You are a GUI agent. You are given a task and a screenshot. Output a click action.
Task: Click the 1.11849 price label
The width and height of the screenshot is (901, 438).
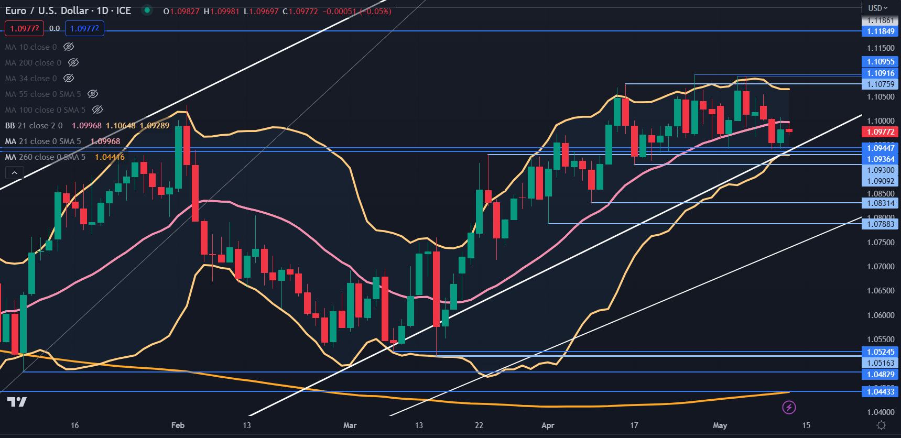tap(880, 31)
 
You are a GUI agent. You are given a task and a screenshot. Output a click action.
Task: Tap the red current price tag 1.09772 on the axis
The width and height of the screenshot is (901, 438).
tap(880, 132)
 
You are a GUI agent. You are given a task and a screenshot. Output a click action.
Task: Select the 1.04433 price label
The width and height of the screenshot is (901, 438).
tap(880, 392)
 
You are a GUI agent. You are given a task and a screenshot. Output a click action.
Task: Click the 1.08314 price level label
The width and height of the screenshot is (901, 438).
tap(880, 203)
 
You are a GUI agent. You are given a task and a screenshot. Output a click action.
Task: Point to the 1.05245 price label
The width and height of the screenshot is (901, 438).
tap(880, 352)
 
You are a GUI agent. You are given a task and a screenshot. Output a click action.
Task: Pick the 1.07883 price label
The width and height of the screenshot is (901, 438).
tap(880, 224)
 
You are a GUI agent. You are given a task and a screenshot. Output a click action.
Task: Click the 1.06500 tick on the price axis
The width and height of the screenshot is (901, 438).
tap(880, 291)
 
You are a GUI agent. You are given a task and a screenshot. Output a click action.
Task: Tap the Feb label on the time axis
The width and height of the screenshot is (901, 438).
tap(178, 425)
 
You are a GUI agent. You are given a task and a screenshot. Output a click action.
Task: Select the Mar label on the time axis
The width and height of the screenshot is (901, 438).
tap(350, 425)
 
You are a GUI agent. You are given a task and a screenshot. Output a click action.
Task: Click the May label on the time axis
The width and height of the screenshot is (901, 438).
tap(720, 425)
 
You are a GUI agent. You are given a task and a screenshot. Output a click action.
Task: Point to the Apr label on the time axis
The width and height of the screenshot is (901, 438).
tap(548, 425)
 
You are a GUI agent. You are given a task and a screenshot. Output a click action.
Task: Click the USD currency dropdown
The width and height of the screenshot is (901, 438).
tap(877, 8)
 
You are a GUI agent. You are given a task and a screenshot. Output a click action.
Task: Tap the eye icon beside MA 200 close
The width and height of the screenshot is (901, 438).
tap(73, 62)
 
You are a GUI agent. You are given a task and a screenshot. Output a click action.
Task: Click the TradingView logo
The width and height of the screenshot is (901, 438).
tap(17, 402)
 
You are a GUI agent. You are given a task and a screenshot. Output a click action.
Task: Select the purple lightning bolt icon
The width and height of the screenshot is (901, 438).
tap(789, 407)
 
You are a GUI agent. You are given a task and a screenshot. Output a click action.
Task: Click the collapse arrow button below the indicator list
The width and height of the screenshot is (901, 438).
tap(14, 173)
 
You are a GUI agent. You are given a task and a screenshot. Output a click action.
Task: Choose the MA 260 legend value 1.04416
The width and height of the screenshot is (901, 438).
tap(110, 157)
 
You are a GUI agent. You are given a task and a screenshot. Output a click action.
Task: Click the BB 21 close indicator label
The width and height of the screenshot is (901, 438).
tap(34, 126)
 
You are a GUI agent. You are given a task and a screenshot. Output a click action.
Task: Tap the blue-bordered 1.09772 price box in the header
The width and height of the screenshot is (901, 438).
tap(84, 28)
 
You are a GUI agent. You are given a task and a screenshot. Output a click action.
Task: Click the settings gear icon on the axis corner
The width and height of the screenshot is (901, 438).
tap(881, 425)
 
